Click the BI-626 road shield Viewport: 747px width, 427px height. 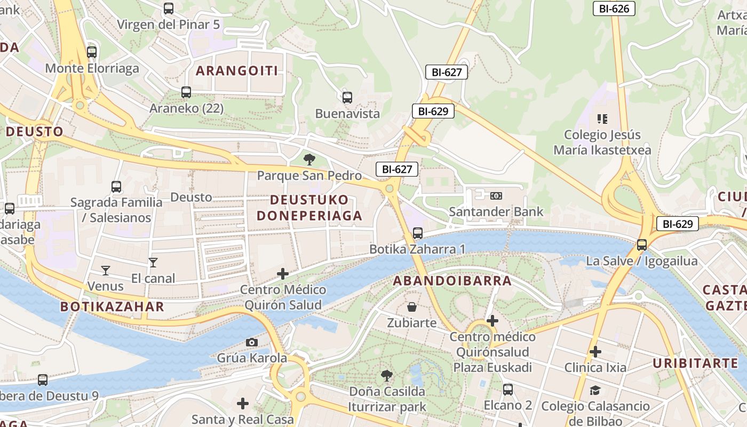click(614, 9)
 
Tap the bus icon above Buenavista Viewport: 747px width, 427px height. click(347, 98)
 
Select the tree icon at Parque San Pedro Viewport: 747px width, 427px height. click(309, 159)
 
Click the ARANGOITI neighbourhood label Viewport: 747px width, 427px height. click(237, 70)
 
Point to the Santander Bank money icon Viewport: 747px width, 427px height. click(496, 196)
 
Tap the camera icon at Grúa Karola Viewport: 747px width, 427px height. click(252, 342)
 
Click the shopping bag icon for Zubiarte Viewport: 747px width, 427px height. click(411, 307)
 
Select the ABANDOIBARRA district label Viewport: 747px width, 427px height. click(452, 281)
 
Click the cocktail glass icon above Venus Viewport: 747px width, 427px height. click(105, 271)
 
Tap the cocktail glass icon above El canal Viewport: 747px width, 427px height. click(153, 263)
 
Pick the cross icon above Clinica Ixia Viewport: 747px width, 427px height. click(595, 352)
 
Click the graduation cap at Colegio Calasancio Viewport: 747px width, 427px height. click(595, 391)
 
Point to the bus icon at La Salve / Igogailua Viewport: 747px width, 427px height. click(642, 245)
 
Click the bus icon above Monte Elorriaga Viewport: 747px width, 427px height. click(92, 52)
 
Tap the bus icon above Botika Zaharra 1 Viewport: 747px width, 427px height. click(418, 233)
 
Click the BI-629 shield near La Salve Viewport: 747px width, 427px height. click(677, 224)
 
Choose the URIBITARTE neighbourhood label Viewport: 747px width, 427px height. click(695, 363)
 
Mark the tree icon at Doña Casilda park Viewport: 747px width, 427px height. click(387, 376)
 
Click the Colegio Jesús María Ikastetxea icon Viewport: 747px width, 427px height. click(602, 118)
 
